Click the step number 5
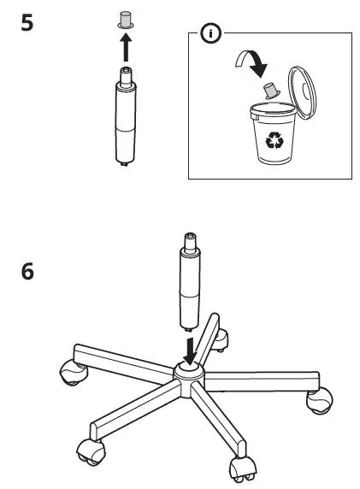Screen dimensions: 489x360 27,22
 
